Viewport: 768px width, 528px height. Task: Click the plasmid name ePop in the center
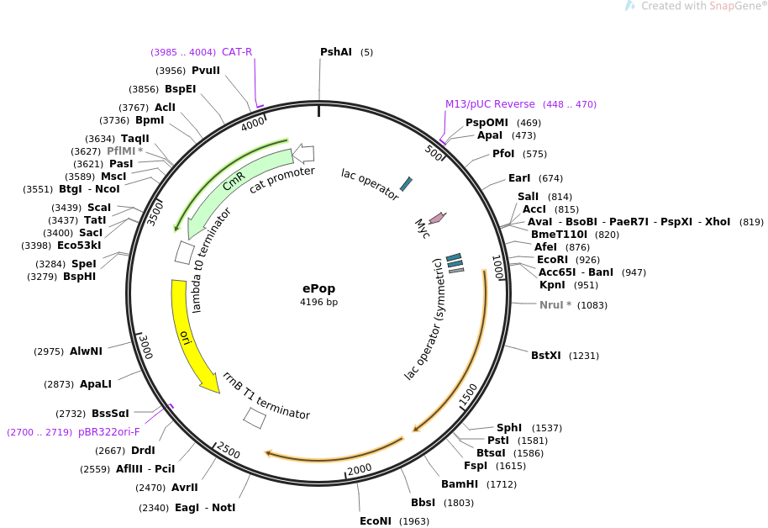[318, 288]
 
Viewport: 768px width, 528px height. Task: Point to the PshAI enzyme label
[336, 52]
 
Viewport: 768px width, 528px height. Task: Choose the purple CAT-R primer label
[237, 52]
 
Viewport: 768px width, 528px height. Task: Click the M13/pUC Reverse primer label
[490, 104]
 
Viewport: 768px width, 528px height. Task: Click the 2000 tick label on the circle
[360, 468]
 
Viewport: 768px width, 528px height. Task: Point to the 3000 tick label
[146, 346]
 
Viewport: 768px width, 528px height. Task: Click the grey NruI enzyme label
[555, 305]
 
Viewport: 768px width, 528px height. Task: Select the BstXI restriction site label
[546, 356]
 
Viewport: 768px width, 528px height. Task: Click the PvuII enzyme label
[206, 71]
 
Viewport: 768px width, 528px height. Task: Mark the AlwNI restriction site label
[86, 351]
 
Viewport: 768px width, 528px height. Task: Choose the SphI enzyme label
[509, 428]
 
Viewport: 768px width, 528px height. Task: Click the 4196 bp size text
[318, 302]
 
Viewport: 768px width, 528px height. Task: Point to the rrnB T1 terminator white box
[255, 417]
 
